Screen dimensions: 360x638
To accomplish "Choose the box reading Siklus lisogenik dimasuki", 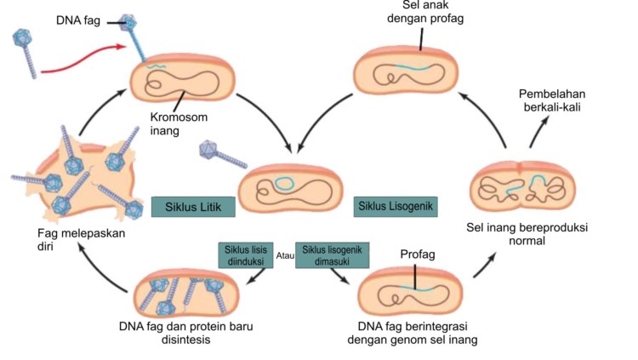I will point(327,255).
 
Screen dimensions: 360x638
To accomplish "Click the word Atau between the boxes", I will point(286,254).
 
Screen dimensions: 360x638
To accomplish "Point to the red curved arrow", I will point(85,59).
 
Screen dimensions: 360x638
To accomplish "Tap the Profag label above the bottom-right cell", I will point(416,254).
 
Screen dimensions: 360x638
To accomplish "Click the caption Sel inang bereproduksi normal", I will point(527,235).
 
